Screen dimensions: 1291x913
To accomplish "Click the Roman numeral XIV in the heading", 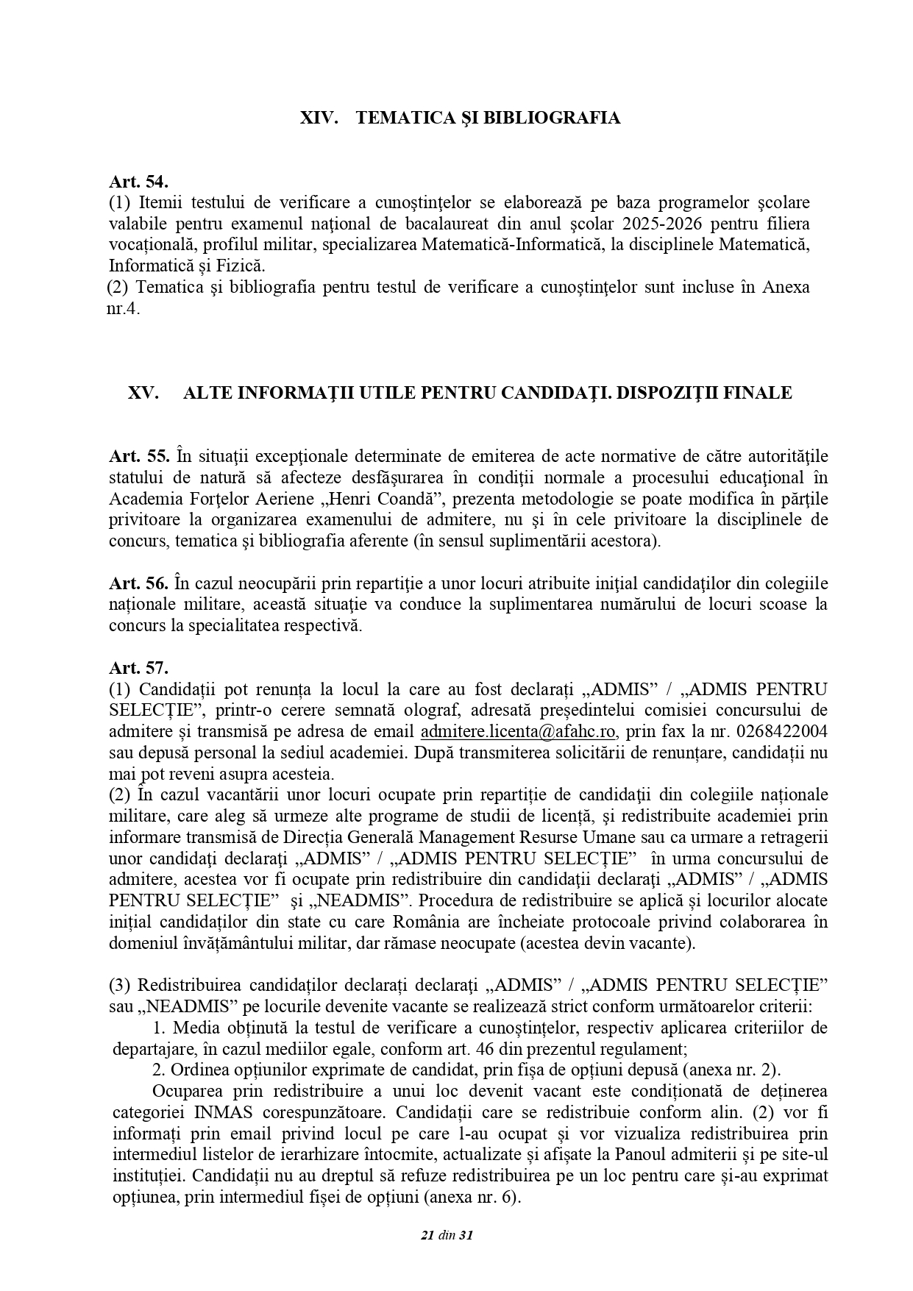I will point(318,118).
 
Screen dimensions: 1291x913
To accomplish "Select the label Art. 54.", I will point(138,181).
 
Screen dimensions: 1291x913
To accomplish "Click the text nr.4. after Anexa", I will point(123,309).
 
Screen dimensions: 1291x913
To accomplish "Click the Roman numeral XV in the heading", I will point(143,393).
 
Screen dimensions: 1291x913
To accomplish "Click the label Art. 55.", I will point(139,456).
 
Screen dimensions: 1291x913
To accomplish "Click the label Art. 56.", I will point(139,583).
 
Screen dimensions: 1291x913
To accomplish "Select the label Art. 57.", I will point(138,668).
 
